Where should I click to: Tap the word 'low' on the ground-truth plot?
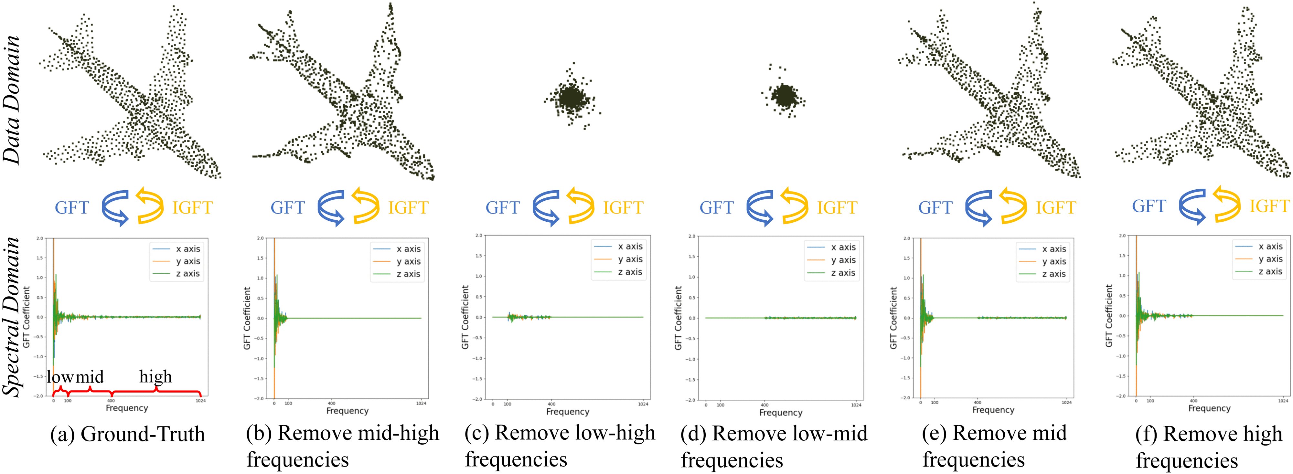(x=60, y=377)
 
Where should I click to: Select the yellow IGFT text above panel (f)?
(x=1269, y=206)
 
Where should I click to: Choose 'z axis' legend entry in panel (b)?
(x=408, y=274)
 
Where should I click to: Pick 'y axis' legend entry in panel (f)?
(x=1270, y=259)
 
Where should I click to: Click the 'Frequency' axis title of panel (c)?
(x=568, y=412)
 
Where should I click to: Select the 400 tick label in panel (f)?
(x=1194, y=401)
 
